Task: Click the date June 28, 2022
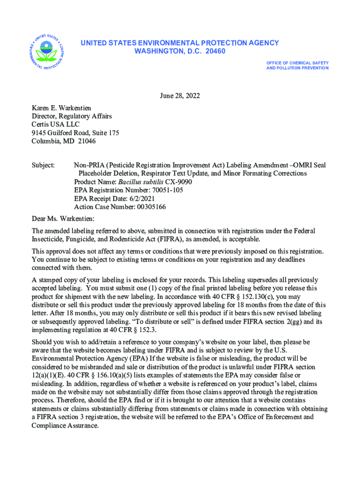[180, 96]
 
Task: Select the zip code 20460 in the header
[214, 51]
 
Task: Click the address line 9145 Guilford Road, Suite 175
[75, 133]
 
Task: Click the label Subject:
[43, 165]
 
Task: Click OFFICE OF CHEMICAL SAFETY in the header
[297, 63]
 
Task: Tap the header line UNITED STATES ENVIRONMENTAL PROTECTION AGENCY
[180, 43]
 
